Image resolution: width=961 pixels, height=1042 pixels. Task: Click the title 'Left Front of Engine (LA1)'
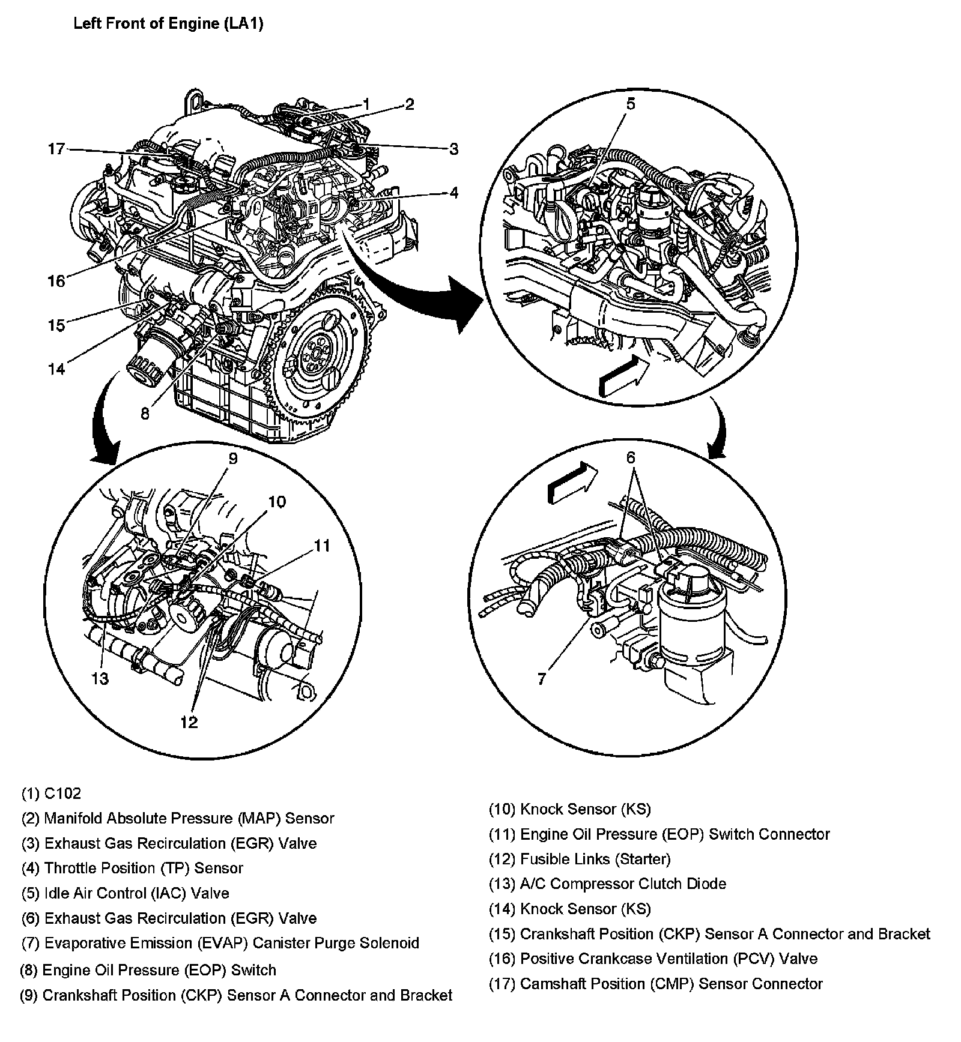coord(168,25)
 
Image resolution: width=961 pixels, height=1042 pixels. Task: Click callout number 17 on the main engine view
coord(56,149)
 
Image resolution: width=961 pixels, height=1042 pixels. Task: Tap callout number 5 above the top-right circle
coord(630,104)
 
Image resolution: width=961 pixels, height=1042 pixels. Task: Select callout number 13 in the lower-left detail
coord(100,678)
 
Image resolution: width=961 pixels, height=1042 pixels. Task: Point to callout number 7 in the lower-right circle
coord(541,679)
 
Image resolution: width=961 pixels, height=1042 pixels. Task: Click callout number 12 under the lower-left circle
coord(189,722)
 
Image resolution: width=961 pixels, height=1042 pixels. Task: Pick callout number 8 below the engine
coord(145,414)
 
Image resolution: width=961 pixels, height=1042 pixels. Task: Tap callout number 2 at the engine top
coord(409,104)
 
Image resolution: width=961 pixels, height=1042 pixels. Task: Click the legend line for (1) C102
coord(51,794)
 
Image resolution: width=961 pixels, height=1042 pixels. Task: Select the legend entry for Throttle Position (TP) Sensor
coord(132,868)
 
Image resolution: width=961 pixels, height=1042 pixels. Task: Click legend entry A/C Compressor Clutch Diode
coord(607,884)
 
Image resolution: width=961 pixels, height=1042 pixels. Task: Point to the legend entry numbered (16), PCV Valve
coord(653,959)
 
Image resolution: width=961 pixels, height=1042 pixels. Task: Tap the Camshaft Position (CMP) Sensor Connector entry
coord(655,984)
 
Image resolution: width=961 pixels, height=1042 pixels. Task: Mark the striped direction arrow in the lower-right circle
coord(572,484)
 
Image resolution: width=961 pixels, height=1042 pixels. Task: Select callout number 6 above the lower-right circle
coord(630,458)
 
